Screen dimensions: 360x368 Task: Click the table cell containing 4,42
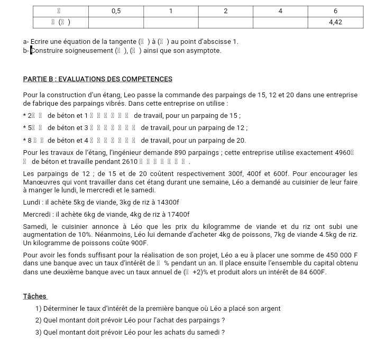[x=336, y=22]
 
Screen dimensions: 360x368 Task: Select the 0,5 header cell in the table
[x=116, y=11]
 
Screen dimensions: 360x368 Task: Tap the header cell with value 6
[x=336, y=11]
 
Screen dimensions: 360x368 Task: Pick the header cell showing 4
[x=280, y=11]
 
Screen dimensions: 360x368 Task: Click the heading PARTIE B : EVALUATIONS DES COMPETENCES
[x=98, y=79]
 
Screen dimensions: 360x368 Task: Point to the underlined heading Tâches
[x=35, y=297]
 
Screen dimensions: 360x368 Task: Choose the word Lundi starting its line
[x=32, y=202]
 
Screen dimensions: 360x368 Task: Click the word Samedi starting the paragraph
[x=35, y=226]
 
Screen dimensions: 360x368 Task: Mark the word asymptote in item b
[x=203, y=51]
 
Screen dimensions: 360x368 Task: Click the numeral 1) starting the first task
[x=39, y=309]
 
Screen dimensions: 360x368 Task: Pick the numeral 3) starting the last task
[x=39, y=332]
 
